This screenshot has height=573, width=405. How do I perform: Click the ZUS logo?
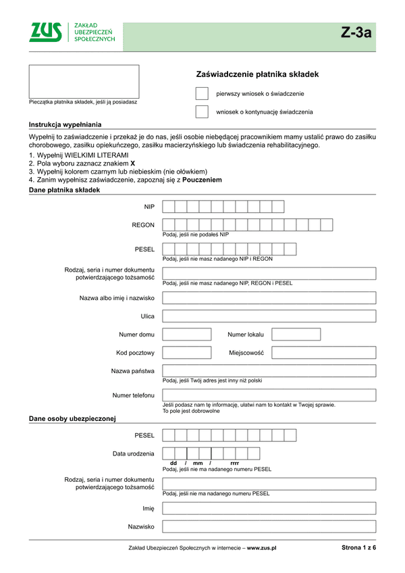point(46,32)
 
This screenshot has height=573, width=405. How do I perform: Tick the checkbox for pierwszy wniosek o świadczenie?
point(202,93)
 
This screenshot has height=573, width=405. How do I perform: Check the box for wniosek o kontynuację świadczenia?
point(202,111)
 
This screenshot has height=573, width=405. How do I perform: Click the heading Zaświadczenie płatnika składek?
point(256,74)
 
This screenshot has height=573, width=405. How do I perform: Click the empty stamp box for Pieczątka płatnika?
point(84,82)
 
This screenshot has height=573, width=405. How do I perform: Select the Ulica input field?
point(269,316)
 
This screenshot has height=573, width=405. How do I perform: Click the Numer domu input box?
point(187,334)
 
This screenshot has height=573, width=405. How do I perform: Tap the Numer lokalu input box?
point(296,334)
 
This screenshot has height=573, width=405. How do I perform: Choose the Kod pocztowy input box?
point(187,352)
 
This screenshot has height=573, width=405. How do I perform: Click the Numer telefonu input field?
point(269,395)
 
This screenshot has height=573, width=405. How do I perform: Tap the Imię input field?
point(269,508)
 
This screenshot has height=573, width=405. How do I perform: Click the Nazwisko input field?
point(269,526)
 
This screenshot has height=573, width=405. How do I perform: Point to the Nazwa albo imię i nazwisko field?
point(269,297)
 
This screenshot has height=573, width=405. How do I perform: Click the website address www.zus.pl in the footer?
point(262,548)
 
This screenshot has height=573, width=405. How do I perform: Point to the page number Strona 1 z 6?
point(358,547)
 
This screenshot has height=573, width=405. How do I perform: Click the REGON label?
point(143,225)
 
